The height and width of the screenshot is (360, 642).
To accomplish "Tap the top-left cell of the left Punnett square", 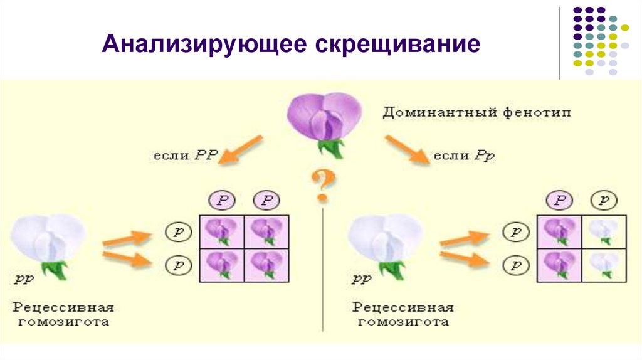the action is [x=222, y=231].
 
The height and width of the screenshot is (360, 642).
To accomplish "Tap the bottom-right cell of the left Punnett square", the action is [x=266, y=263].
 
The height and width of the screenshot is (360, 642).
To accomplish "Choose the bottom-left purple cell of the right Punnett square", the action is [x=560, y=263].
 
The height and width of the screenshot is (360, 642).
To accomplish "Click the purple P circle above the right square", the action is [x=560, y=200].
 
